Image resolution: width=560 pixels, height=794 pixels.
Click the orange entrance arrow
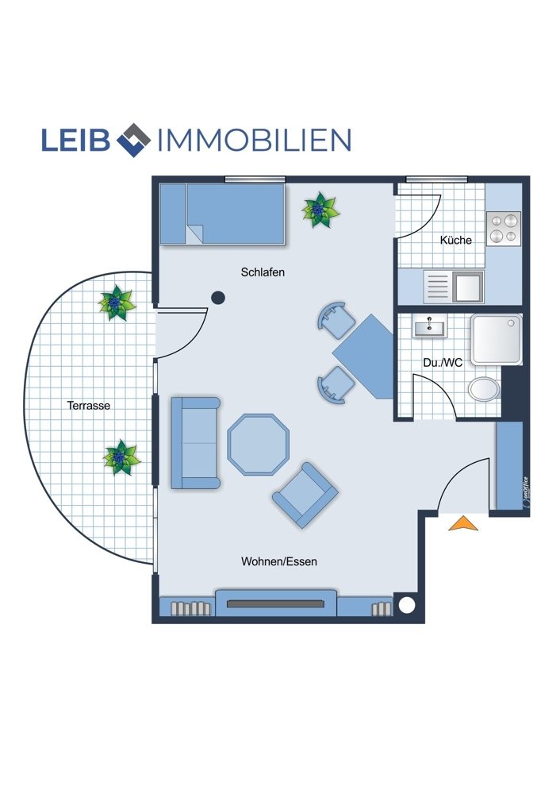463,524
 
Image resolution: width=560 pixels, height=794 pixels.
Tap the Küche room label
456,240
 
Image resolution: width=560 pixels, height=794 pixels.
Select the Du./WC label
443,363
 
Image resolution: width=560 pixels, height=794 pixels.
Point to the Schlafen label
263,272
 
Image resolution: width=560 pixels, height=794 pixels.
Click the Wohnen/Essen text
279,561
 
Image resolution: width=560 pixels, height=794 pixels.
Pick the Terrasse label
89,406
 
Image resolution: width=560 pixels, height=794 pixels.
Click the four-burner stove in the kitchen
504,229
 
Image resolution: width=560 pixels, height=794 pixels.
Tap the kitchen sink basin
468,286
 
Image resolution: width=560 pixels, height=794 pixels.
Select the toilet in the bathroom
484,389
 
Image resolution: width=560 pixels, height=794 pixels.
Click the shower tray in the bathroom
497,339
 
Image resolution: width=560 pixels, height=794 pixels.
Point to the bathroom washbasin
430,326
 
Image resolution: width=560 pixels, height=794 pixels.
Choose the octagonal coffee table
259,445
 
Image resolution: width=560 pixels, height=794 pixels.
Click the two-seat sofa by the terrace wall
195,443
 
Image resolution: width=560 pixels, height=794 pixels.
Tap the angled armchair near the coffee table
305,495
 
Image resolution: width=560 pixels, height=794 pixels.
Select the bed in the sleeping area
222,214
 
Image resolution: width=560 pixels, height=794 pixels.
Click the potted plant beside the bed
320,209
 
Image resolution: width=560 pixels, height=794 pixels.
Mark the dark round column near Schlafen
217,298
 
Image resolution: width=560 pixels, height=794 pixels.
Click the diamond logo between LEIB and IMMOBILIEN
133,140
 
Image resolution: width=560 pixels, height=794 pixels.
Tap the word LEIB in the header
75,140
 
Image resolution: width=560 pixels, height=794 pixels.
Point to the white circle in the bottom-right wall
407,605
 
